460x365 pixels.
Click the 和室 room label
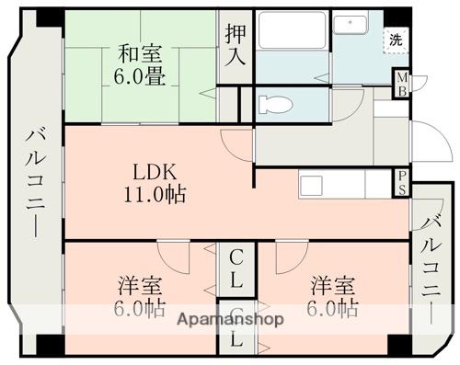(x=141, y=53)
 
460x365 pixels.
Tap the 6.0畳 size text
(x=141, y=76)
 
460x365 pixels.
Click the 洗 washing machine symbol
(x=395, y=40)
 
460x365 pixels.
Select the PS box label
(x=402, y=181)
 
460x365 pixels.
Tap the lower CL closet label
(x=236, y=337)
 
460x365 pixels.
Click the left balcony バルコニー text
(x=33, y=184)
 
